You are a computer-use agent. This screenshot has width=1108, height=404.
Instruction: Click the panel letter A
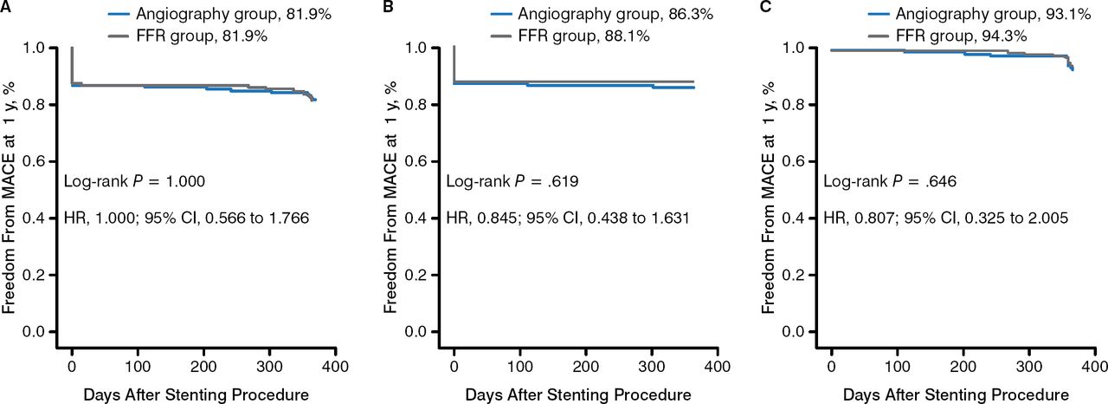(6, 7)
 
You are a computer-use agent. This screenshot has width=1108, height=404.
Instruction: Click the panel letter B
(387, 7)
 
